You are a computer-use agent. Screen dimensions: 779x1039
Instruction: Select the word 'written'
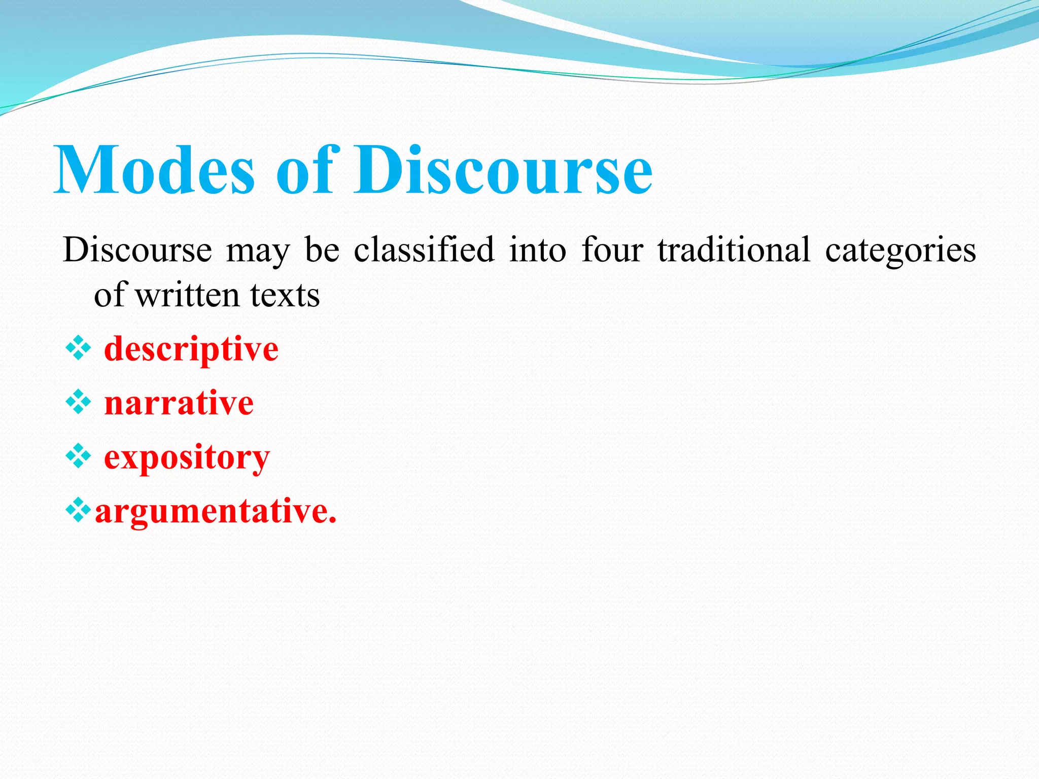point(187,295)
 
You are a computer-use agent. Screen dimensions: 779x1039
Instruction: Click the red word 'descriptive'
point(191,350)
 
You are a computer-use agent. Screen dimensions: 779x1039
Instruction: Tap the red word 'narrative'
point(179,403)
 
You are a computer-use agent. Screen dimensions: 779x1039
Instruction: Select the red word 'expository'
point(187,458)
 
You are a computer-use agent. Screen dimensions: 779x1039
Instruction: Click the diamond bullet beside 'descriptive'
point(79,349)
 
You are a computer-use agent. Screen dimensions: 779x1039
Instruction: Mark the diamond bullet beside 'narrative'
point(79,403)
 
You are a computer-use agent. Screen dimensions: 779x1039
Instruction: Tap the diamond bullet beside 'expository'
point(79,456)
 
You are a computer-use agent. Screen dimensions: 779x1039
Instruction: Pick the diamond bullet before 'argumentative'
point(79,511)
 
